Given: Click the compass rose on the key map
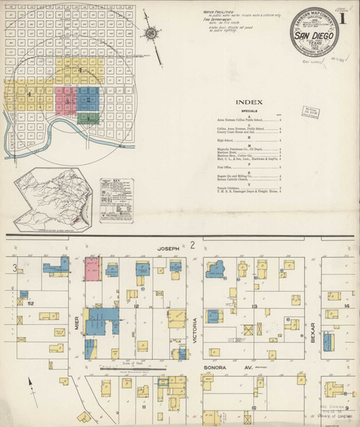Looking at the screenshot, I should click(x=152, y=32).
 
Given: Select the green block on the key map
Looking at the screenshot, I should click(x=88, y=118).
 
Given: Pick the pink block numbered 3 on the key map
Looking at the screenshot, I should click(x=66, y=100).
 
